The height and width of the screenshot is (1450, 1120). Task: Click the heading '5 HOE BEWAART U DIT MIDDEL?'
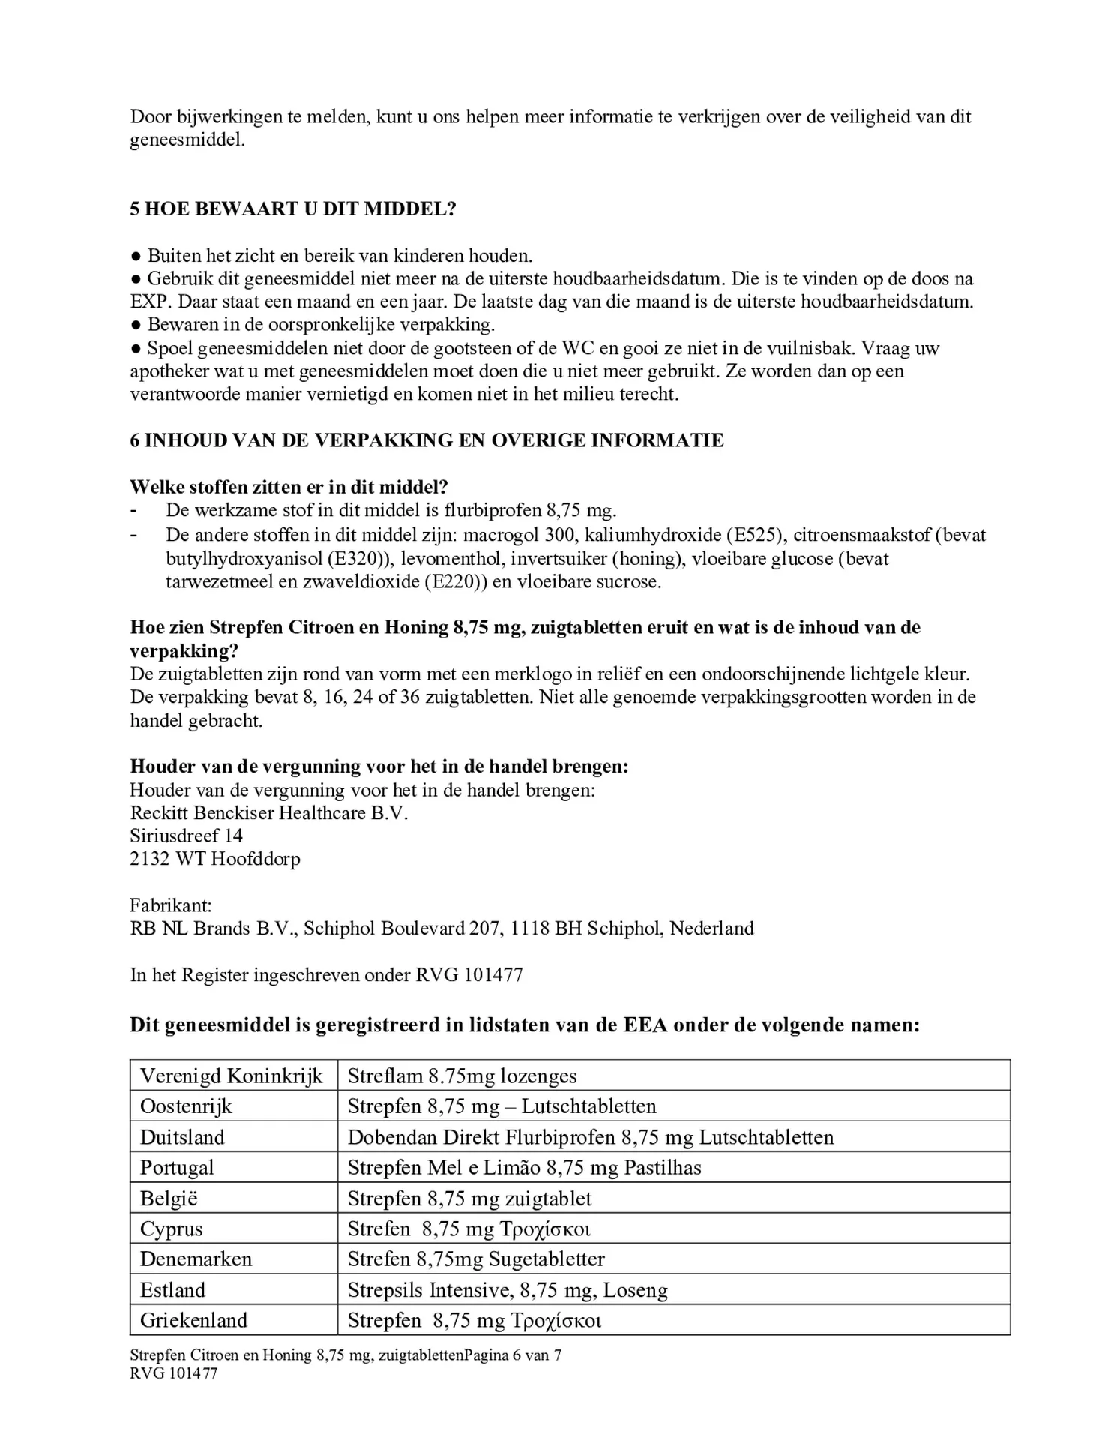[x=293, y=209]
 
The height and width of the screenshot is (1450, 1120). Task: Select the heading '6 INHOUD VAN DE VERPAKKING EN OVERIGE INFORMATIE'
[x=427, y=440]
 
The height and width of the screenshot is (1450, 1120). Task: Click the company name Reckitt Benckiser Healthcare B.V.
[x=268, y=812]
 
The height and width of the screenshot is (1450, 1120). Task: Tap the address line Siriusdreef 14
[x=186, y=836]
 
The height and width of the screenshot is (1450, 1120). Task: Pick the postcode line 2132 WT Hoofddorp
[x=214, y=858]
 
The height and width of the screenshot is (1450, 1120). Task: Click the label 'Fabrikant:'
[x=171, y=905]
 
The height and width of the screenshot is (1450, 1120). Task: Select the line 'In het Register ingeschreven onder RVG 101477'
[x=326, y=974]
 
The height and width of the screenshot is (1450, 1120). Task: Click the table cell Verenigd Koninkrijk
[x=231, y=1076]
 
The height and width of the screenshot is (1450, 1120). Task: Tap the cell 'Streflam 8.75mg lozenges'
[x=462, y=1076]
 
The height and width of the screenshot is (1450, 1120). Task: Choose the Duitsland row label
[x=182, y=1136]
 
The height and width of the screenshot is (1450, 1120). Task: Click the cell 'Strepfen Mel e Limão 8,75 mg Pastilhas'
[x=524, y=1167]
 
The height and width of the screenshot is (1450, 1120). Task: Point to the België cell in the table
[x=169, y=1198]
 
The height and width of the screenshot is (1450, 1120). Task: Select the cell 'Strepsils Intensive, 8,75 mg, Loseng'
[x=507, y=1289]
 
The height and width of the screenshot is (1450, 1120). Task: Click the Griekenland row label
[x=193, y=1319]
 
